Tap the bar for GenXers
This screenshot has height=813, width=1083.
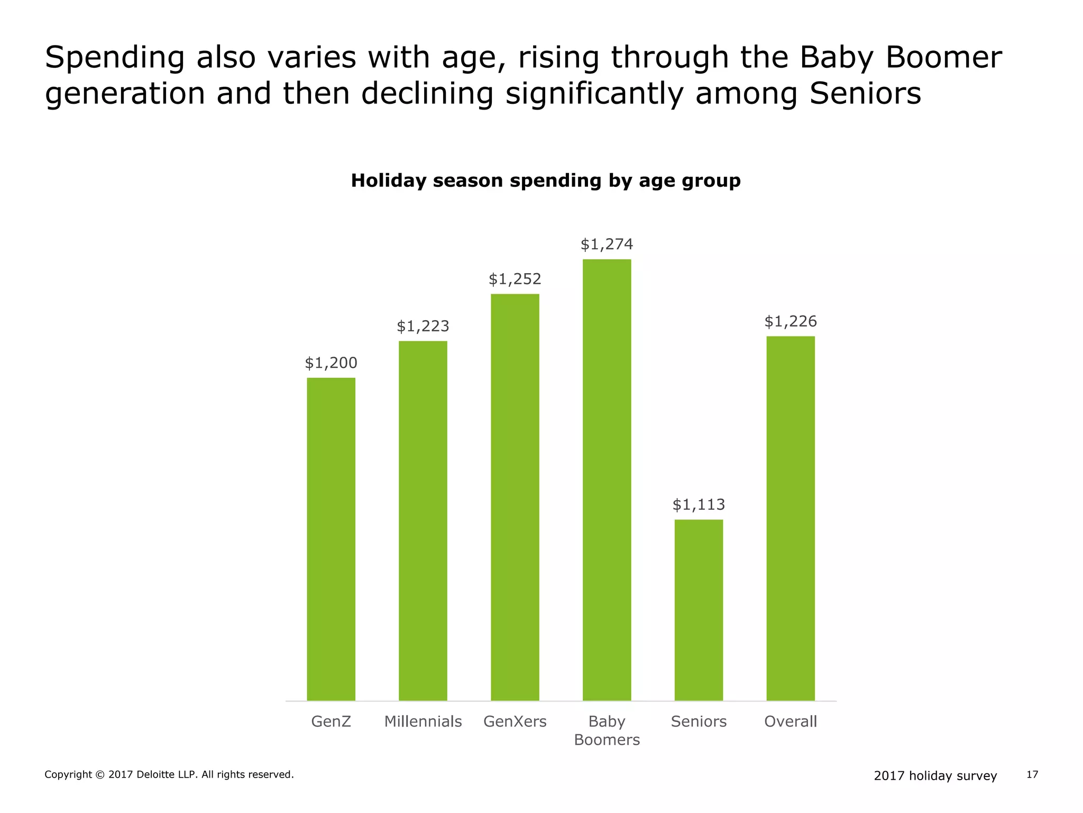pyautogui.click(x=515, y=497)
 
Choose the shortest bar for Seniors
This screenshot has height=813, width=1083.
pyautogui.click(x=699, y=610)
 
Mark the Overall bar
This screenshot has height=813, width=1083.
pyautogui.click(x=791, y=518)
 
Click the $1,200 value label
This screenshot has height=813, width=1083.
pyautogui.click(x=331, y=363)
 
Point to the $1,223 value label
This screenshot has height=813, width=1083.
pyautogui.click(x=423, y=327)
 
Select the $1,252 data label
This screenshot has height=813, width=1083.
pyautogui.click(x=515, y=279)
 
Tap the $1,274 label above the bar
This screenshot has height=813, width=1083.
pyautogui.click(x=607, y=245)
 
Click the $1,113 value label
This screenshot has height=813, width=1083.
pyautogui.click(x=699, y=505)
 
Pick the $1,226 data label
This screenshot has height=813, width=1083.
pyautogui.click(x=791, y=321)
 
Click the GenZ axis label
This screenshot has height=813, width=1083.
pyautogui.click(x=331, y=721)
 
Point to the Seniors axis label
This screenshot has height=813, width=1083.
pyautogui.click(x=699, y=721)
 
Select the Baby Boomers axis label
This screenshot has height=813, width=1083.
pyautogui.click(x=607, y=730)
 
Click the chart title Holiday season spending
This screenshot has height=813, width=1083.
pyautogui.click(x=546, y=181)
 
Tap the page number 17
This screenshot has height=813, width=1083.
pyautogui.click(x=1032, y=775)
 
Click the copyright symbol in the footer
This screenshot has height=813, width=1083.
pyautogui.click(x=100, y=775)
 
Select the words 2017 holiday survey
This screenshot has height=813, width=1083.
pyautogui.click(x=935, y=776)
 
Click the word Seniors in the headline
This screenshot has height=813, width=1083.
pyautogui.click(x=865, y=94)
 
